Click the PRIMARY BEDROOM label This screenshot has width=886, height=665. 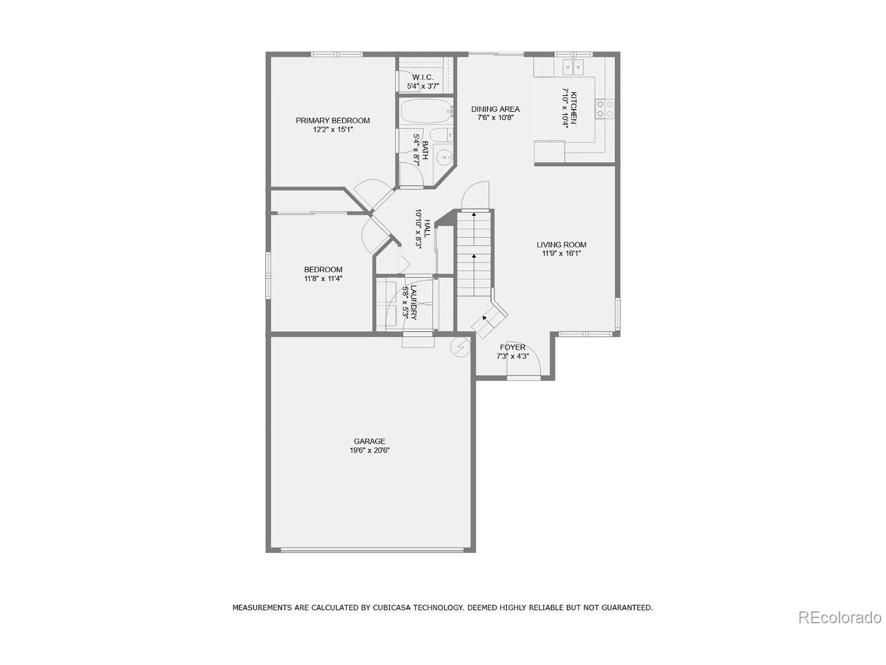click(x=333, y=120)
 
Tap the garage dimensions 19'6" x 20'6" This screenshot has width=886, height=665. click(x=369, y=450)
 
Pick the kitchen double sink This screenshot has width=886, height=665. click(x=573, y=67)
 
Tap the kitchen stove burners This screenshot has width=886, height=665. click(x=604, y=109)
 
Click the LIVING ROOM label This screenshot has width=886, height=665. click(x=561, y=245)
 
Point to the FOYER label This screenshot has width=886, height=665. click(x=512, y=347)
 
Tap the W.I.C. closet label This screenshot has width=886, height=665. click(x=423, y=77)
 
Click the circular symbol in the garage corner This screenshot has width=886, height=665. click(x=460, y=347)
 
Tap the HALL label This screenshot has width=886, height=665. click(x=427, y=229)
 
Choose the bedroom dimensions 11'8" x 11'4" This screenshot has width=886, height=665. click(x=323, y=278)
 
